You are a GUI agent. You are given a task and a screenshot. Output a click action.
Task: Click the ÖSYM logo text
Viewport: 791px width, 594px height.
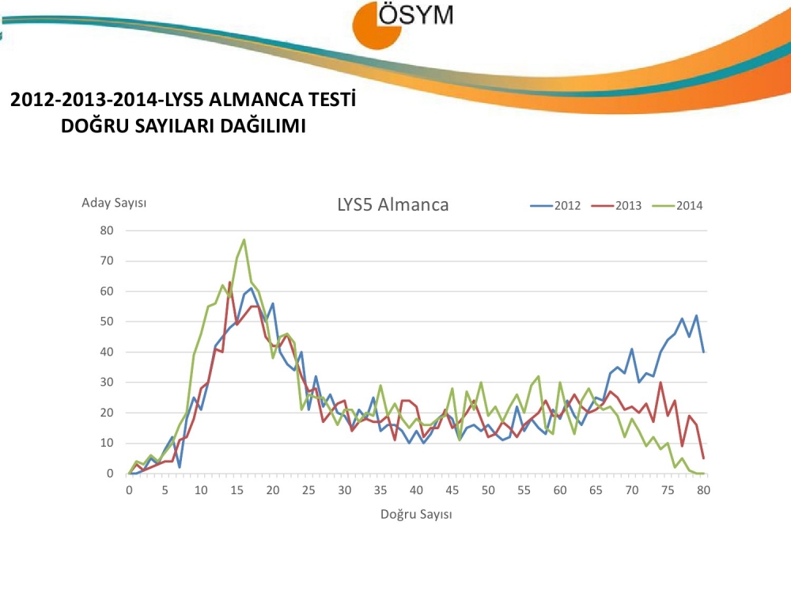pyautogui.click(x=416, y=15)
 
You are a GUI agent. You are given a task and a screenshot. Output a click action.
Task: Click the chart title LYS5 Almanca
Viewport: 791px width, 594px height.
pyautogui.click(x=392, y=204)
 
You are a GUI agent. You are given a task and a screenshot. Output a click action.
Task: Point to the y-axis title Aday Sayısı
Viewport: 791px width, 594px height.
pyautogui.click(x=114, y=203)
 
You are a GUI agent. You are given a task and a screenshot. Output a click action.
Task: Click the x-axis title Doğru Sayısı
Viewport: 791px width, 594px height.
pyautogui.click(x=416, y=514)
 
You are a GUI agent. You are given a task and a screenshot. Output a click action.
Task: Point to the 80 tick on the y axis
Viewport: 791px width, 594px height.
pyautogui.click(x=107, y=230)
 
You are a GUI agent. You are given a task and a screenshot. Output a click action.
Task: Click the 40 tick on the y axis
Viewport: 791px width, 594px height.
pyautogui.click(x=107, y=352)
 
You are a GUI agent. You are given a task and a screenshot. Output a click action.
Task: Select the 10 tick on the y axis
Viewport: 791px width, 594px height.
pyautogui.click(x=107, y=444)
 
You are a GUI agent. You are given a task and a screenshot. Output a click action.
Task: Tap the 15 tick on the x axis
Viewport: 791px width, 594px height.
pyautogui.click(x=237, y=489)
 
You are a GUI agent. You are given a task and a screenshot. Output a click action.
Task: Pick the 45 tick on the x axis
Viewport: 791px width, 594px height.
pyautogui.click(x=452, y=489)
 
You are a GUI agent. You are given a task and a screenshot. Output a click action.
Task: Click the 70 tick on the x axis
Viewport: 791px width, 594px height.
pyautogui.click(x=632, y=489)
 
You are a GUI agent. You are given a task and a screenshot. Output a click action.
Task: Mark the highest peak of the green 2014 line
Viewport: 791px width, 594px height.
pyautogui.click(x=244, y=239)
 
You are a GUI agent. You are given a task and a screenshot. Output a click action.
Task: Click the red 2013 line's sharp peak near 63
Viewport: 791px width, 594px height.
pyautogui.click(x=229, y=282)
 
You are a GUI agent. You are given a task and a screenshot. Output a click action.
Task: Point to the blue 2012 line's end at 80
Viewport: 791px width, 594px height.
pyautogui.click(x=703, y=352)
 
